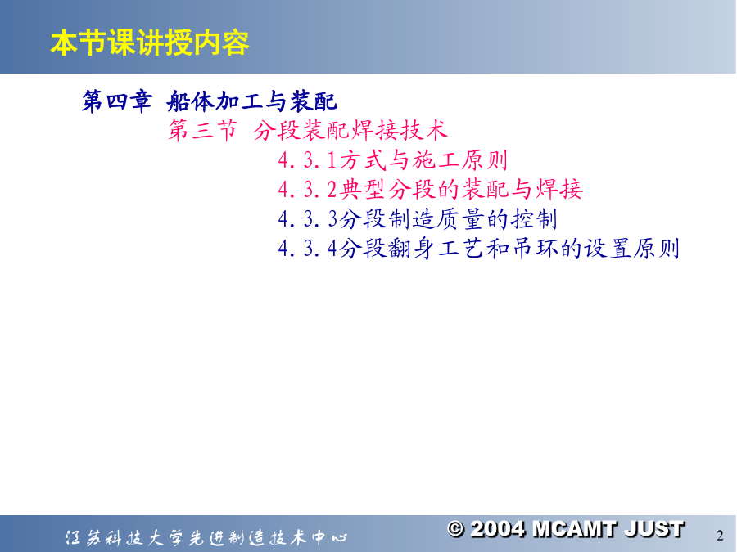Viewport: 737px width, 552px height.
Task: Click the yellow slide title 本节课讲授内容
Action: pyautogui.click(x=150, y=43)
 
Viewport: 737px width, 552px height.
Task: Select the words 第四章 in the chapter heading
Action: pyautogui.click(x=116, y=101)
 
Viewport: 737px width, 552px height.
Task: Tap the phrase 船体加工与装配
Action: pyautogui.click(x=252, y=101)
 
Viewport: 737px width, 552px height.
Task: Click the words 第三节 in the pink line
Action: pyautogui.click(x=202, y=130)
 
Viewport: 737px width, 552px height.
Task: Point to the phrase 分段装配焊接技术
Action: pyautogui.click(x=350, y=130)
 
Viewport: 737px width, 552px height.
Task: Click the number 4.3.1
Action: pyautogui.click(x=308, y=160)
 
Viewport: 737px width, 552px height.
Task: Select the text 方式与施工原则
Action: pyautogui.click(x=423, y=160)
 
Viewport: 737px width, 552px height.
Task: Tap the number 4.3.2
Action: pyautogui.click(x=308, y=190)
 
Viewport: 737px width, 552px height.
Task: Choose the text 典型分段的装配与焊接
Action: pyautogui.click(x=461, y=190)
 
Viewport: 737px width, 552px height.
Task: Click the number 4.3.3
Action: pyautogui.click(x=308, y=219)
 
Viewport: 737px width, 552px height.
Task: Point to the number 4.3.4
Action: pyautogui.click(x=308, y=249)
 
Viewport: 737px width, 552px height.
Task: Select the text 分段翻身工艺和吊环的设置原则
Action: pyautogui.click(x=509, y=249)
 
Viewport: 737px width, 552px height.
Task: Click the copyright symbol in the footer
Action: pyautogui.click(x=456, y=529)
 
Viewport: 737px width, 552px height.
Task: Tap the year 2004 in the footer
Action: pyautogui.click(x=498, y=529)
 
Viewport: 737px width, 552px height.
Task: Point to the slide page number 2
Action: pyautogui.click(x=720, y=536)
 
